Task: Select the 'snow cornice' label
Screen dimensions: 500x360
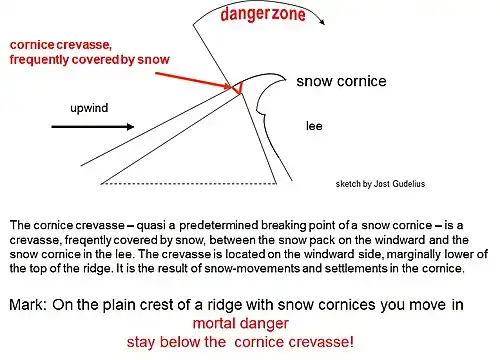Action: click(x=342, y=81)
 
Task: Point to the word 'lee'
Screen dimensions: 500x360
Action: click(x=313, y=126)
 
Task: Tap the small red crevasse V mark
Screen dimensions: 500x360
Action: click(x=237, y=91)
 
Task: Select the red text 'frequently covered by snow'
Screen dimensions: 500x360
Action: click(x=89, y=60)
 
